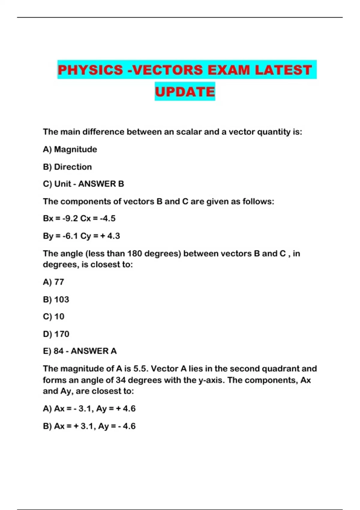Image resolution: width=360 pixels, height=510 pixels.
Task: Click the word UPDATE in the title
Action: [185, 91]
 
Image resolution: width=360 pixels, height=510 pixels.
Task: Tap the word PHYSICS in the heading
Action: [90, 70]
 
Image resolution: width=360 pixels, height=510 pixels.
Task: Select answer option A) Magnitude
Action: [70, 149]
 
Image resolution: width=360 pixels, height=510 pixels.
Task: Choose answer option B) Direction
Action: [67, 167]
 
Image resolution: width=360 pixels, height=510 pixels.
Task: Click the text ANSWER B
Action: [101, 184]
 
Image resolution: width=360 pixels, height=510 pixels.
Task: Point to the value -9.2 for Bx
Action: [70, 218]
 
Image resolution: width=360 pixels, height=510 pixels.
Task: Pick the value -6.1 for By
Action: [70, 236]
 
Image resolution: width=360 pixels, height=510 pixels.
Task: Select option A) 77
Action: [53, 282]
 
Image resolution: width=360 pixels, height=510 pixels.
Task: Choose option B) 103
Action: [56, 299]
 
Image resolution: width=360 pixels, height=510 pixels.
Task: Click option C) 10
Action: [53, 316]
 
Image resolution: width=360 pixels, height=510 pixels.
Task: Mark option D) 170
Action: [56, 334]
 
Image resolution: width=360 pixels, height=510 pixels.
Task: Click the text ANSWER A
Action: [94, 351]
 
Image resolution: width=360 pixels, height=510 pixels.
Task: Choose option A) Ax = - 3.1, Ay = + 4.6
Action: [89, 409]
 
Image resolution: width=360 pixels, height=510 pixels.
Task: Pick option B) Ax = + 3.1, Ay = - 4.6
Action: [89, 426]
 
